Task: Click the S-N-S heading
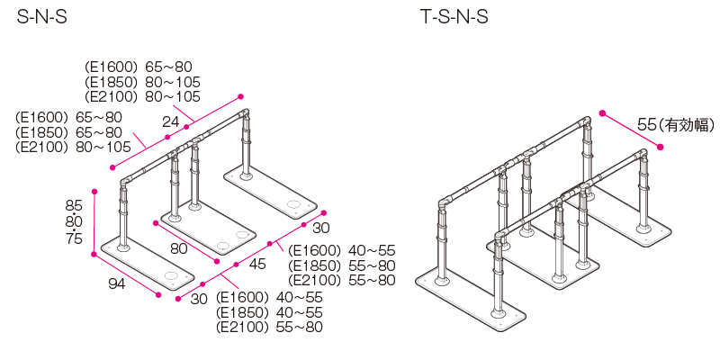42,17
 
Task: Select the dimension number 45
257,265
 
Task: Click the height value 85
74,204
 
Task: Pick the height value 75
74,238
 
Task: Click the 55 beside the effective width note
645,125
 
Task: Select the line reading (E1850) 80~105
142,81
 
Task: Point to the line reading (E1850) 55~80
342,265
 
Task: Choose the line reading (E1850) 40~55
269,312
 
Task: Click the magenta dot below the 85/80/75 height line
94,254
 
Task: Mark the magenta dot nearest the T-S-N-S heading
602,114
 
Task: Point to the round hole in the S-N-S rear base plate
293,206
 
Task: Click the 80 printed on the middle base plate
178,247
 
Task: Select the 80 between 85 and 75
74,221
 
